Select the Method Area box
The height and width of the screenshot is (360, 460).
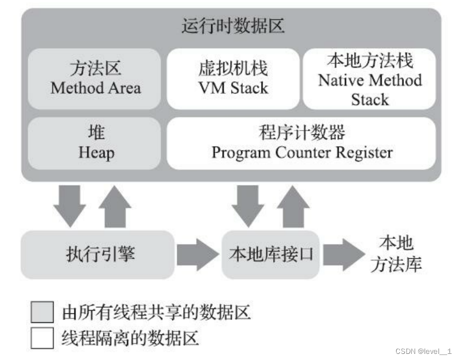[96, 78]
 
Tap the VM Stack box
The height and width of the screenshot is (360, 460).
[233, 78]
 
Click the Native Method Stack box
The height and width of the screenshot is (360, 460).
[369, 78]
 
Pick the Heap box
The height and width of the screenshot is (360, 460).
[96, 143]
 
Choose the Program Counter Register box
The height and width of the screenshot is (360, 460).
[302, 143]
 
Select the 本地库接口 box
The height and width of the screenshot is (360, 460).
[271, 254]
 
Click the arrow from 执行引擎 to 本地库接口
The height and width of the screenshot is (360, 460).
[197, 255]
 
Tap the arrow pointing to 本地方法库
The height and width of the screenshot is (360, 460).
[343, 255]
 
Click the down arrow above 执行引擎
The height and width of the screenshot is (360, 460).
[69, 205]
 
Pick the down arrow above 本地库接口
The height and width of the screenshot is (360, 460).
[248, 205]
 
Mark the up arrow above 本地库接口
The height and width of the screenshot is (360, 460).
[293, 206]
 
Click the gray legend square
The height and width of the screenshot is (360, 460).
[42, 312]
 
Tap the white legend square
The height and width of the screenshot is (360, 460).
[42, 338]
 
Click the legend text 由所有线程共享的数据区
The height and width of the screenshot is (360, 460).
[156, 313]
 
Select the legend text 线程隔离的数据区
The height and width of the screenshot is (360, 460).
[130, 338]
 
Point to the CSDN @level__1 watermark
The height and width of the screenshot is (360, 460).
[423, 351]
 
